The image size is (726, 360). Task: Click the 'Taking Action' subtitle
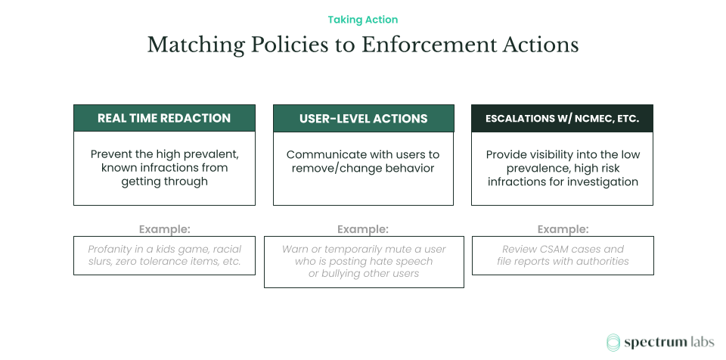pyautogui.click(x=363, y=20)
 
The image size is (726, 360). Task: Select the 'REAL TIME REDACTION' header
pyautogui.click(x=164, y=118)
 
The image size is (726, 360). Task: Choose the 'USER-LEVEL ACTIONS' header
pyautogui.click(x=363, y=119)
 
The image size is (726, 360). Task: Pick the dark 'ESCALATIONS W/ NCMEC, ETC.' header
pyautogui.click(x=562, y=119)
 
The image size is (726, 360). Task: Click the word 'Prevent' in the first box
pyautogui.click(x=111, y=154)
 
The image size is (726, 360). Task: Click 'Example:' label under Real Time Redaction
pyautogui.click(x=164, y=228)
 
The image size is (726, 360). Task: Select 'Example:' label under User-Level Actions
pyautogui.click(x=363, y=228)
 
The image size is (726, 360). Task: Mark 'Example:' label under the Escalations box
pyautogui.click(x=563, y=228)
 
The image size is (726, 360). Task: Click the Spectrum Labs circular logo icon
pyautogui.click(x=613, y=343)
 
